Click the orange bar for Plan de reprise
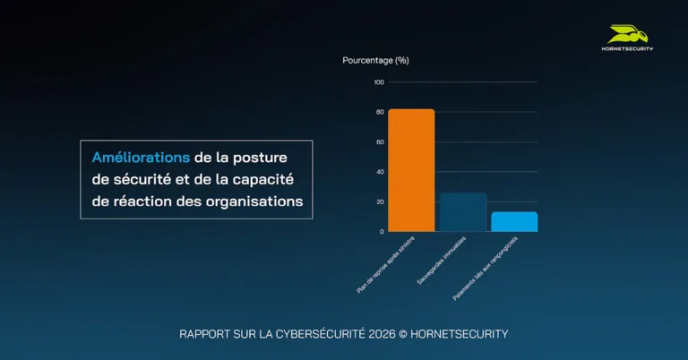410,170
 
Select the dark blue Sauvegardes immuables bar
462,212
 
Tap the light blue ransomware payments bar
514,221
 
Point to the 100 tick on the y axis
379,82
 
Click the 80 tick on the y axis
380,112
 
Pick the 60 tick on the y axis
380,141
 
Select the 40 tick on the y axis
380,172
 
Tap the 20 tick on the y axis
380,201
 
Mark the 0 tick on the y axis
382,231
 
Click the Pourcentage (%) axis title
375,60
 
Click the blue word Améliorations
140,158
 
